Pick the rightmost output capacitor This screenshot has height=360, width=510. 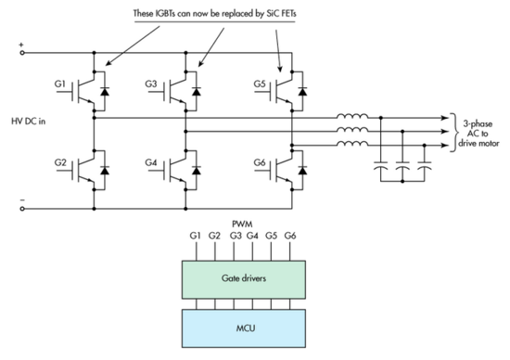click(x=425, y=173)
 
